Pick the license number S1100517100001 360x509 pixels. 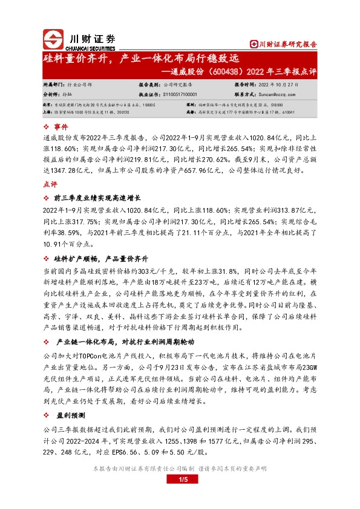point(180,95)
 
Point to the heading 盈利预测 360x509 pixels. point(70,416)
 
